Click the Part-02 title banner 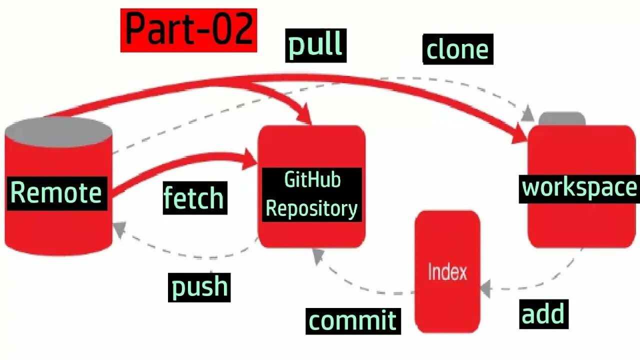point(188,30)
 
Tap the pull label point(315,45)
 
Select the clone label point(457,49)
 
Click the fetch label point(194,197)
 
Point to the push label point(199,287)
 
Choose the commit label point(353,320)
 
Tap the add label point(543,314)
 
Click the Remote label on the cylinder point(56,193)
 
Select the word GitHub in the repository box point(312,180)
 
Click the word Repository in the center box point(311,208)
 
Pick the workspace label point(579,188)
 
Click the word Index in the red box point(447,272)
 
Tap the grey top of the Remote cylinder point(59,131)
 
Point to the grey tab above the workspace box point(562,119)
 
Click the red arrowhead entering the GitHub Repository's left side point(250,159)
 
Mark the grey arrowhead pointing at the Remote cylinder point(118,229)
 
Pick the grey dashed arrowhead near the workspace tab point(527,114)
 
